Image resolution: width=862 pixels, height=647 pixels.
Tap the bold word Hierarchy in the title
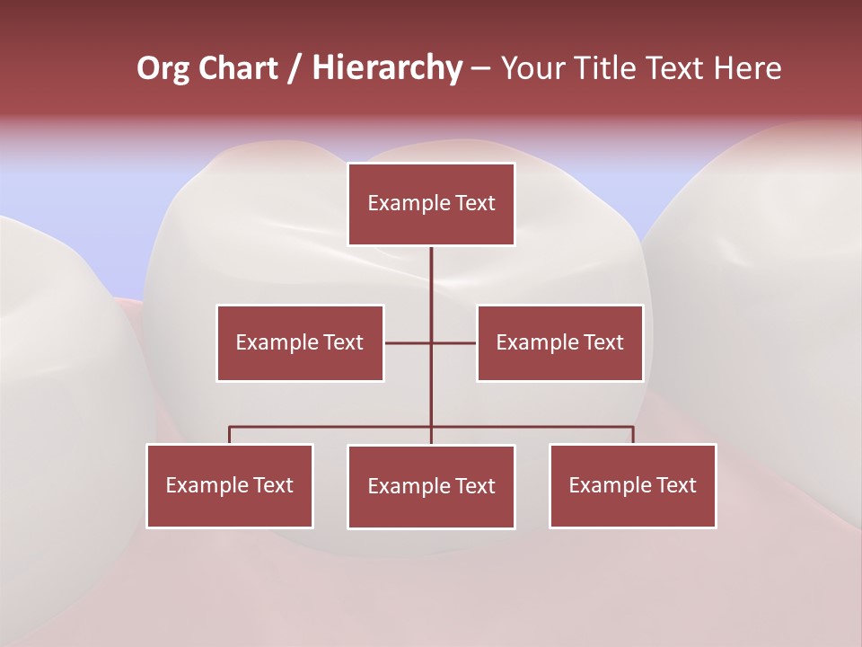(x=387, y=68)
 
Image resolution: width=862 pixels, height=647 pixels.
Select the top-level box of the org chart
(x=431, y=204)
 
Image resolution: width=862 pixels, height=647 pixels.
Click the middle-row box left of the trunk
(x=300, y=342)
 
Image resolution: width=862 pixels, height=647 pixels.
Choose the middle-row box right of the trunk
(x=559, y=342)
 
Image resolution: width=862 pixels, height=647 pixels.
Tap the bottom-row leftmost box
(x=230, y=485)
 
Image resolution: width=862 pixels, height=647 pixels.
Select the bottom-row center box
(x=431, y=486)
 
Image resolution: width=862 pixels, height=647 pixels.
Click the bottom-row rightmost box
(x=632, y=485)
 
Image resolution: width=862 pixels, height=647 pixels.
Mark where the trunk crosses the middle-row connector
(x=431, y=342)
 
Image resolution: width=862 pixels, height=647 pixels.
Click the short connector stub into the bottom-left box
(x=230, y=435)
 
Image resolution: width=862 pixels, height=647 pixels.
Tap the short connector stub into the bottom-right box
(x=632, y=435)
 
